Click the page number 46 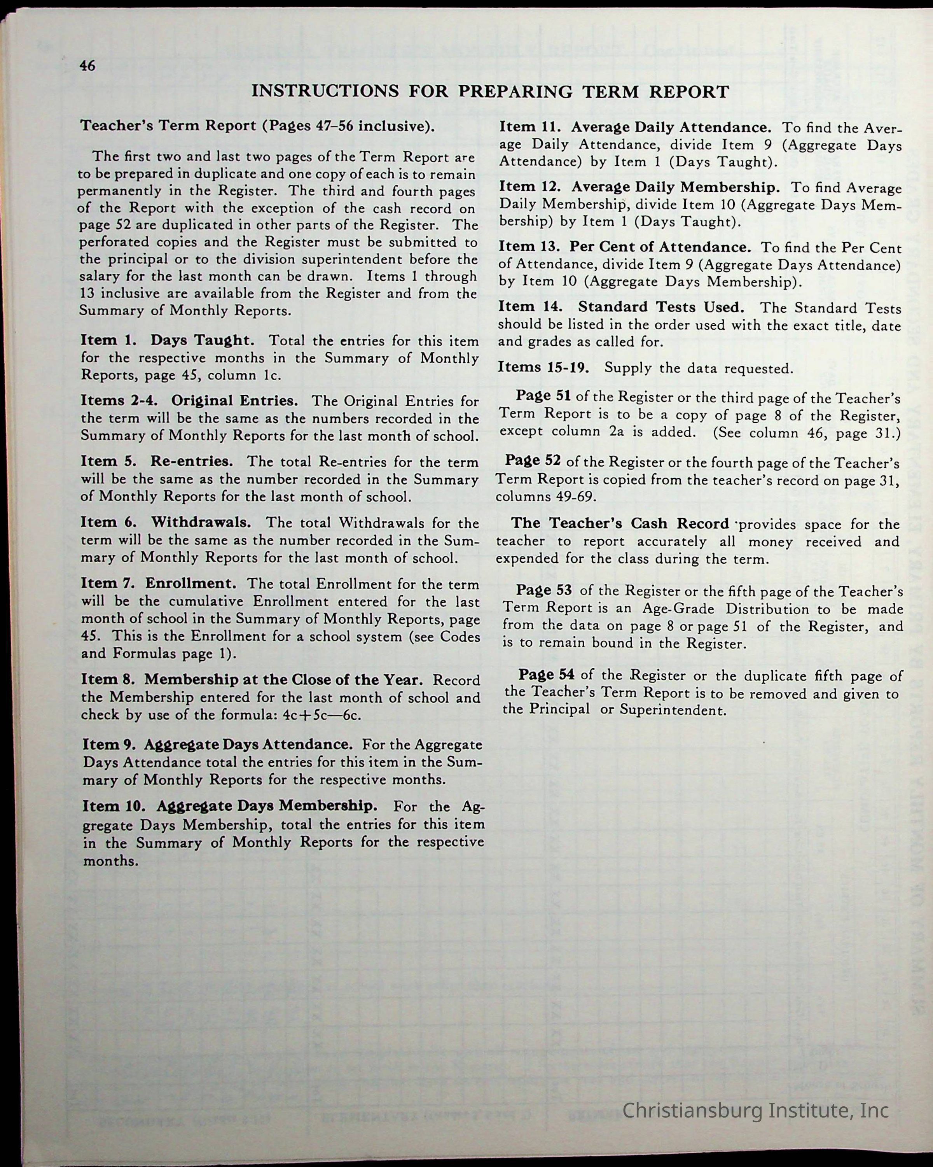click(x=87, y=65)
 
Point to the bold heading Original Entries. click(x=234, y=401)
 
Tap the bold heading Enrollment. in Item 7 click(x=190, y=583)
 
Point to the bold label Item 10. click(x=114, y=806)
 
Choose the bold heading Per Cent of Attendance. click(x=660, y=247)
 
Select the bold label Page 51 click(x=543, y=396)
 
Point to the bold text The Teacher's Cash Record click(x=620, y=523)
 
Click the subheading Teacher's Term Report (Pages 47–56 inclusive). click(x=258, y=126)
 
